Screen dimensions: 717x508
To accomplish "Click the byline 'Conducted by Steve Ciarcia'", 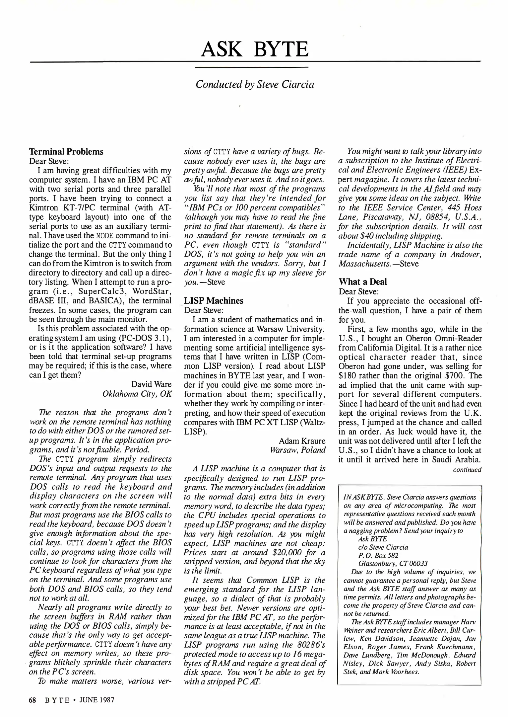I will pyautogui.click(x=255, y=84).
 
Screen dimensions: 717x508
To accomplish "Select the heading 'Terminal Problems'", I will pyautogui.click(x=66, y=152).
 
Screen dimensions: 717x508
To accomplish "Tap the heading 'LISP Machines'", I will pyautogui.click(x=214, y=301).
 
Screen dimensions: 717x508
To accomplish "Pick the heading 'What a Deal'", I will pyautogui.click(x=363, y=282).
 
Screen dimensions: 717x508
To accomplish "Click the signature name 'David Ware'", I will pyautogui.click(x=151, y=384).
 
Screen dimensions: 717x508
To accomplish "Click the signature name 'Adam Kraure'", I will pyautogui.click(x=302, y=441).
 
